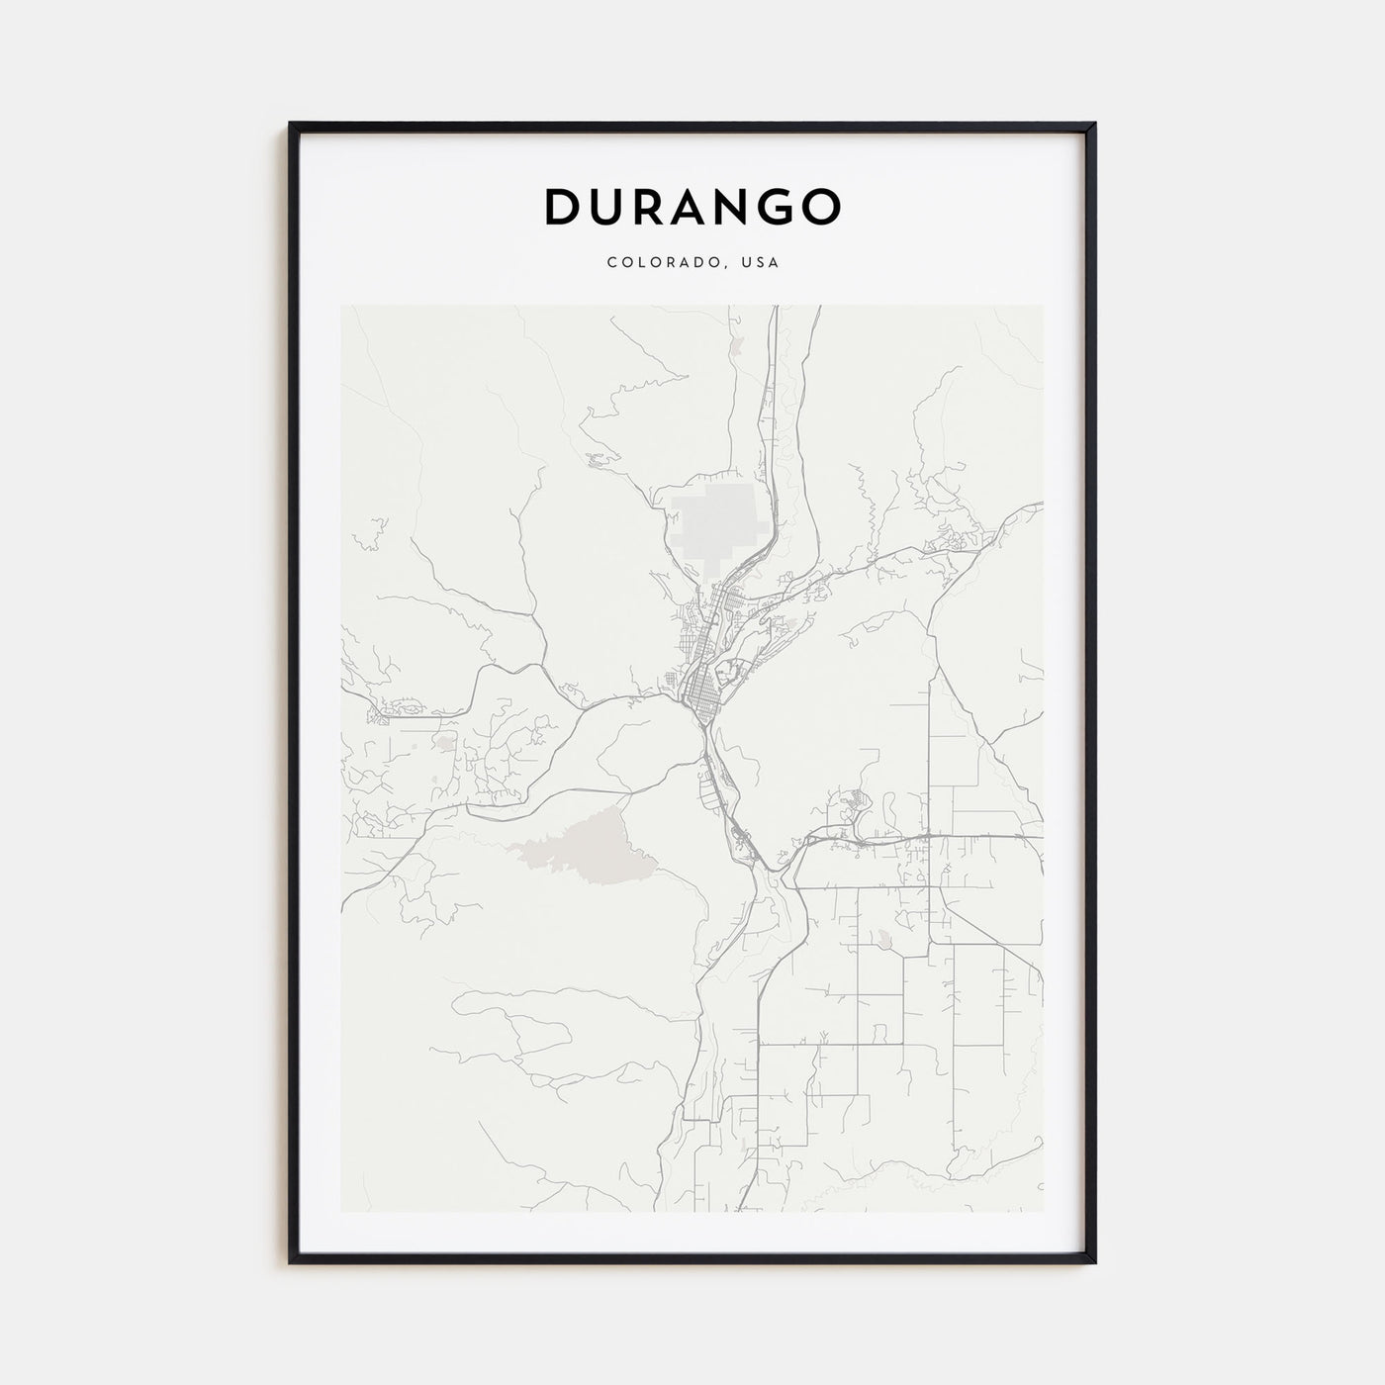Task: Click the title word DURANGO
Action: pyautogui.click(x=692, y=207)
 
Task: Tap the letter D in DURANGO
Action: pyautogui.click(x=561, y=207)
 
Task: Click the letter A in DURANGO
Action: pyautogui.click(x=692, y=207)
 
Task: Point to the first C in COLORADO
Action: pyautogui.click(x=611, y=263)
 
